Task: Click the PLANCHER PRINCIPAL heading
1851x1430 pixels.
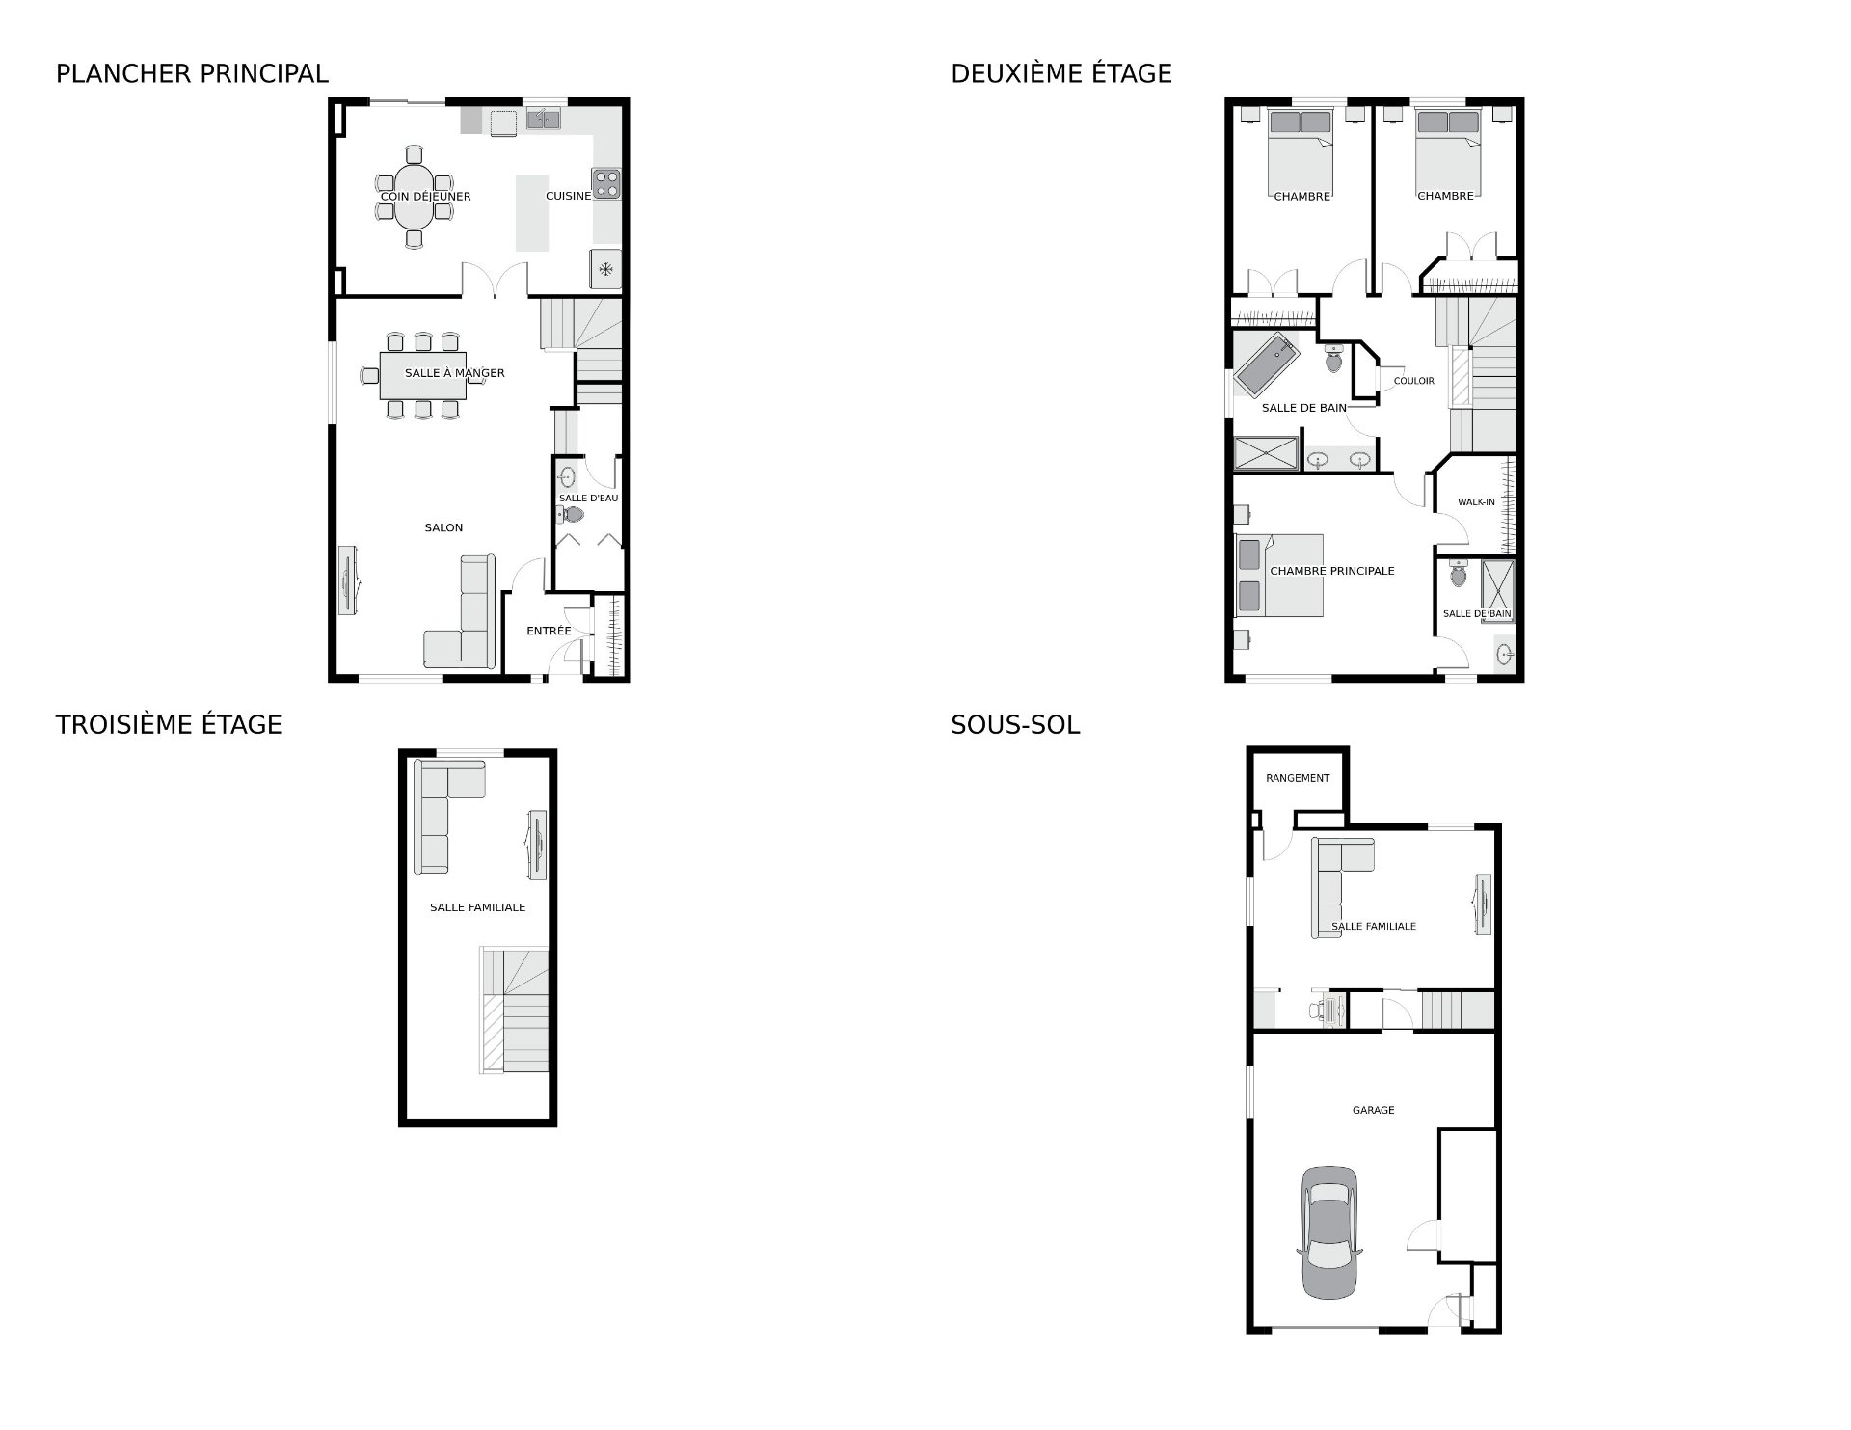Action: click(x=192, y=73)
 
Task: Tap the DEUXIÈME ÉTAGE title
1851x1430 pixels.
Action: click(x=1061, y=73)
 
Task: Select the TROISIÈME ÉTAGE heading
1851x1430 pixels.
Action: click(x=169, y=724)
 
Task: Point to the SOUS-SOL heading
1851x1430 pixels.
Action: click(x=1015, y=724)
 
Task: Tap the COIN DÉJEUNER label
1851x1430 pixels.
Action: click(x=425, y=197)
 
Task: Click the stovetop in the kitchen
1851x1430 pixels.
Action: click(x=606, y=183)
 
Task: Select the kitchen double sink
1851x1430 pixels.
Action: click(x=544, y=120)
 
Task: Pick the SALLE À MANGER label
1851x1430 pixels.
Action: click(x=454, y=373)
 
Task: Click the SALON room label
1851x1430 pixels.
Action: click(x=443, y=527)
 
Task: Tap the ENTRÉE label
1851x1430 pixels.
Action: click(x=549, y=631)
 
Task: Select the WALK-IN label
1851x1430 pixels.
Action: click(x=1476, y=502)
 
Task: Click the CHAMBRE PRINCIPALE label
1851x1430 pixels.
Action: click(x=1332, y=571)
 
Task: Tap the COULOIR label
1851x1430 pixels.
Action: click(x=1413, y=381)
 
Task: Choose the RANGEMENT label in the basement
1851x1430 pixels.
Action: click(x=1298, y=778)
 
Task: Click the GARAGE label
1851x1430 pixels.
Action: click(x=1373, y=1110)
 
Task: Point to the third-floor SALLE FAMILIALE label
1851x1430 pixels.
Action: click(x=477, y=907)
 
